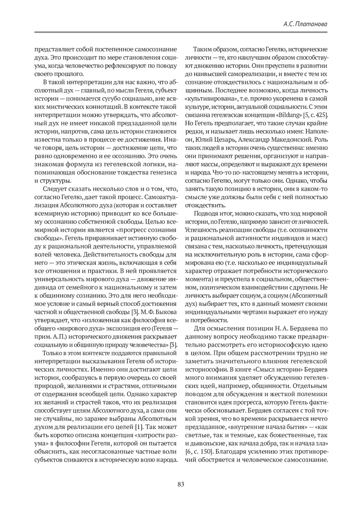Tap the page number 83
[181, 485]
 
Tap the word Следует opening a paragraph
[53, 189]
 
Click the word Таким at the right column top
[203, 49]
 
